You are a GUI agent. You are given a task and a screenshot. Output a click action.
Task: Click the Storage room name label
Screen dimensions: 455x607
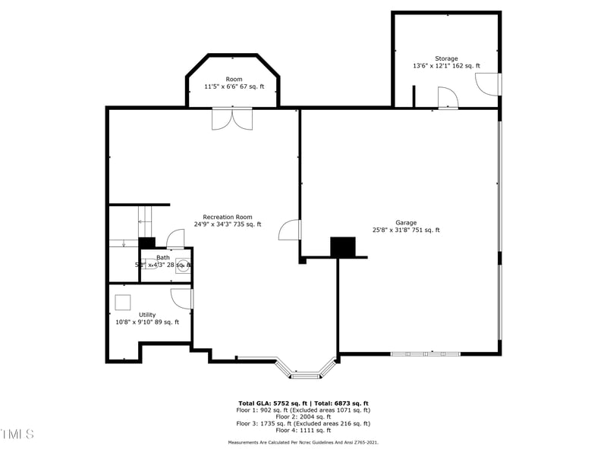[x=446, y=58]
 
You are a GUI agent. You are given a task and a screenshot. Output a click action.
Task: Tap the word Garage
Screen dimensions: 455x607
[x=406, y=222]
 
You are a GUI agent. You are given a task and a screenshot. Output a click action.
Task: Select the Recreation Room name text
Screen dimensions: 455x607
[x=228, y=217]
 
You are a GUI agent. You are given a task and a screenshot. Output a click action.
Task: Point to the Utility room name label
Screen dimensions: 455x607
[x=147, y=315]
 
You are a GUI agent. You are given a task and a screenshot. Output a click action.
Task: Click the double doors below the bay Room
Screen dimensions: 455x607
[x=232, y=119]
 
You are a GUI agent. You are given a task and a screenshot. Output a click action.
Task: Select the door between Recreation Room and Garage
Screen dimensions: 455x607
[x=291, y=230]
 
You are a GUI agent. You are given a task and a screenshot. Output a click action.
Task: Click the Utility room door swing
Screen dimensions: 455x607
[x=182, y=298]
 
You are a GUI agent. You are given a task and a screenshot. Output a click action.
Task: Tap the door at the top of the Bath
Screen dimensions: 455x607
[x=175, y=238]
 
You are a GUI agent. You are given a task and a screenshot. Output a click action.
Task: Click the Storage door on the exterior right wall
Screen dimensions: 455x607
[x=490, y=84]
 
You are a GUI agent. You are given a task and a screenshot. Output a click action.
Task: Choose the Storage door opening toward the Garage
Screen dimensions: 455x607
[x=448, y=97]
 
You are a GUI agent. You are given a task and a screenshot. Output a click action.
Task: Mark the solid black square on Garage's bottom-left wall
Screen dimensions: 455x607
[x=343, y=247]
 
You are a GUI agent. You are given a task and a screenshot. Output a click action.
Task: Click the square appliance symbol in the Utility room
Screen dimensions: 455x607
[x=123, y=301]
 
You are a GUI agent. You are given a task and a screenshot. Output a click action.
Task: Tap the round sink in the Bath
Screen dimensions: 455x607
[x=182, y=265]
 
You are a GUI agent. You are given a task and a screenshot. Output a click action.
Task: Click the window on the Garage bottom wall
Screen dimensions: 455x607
[x=425, y=353]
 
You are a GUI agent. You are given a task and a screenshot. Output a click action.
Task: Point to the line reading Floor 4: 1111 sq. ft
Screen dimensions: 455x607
[x=303, y=431]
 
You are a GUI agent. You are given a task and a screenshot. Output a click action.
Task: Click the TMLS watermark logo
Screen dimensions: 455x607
[x=17, y=435]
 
